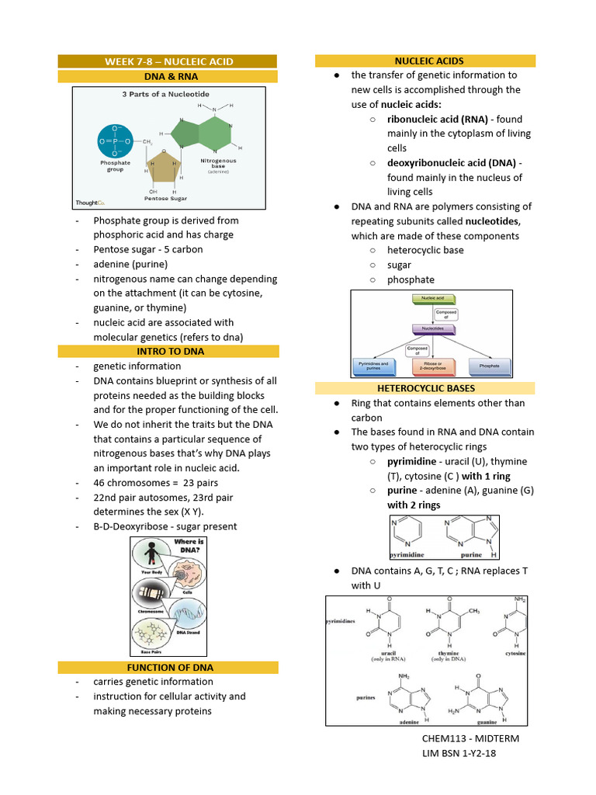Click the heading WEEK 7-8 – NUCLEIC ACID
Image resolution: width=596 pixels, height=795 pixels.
click(x=168, y=61)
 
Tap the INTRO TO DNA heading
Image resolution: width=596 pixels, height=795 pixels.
click(x=168, y=352)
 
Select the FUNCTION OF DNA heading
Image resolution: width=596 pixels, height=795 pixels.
click(x=168, y=667)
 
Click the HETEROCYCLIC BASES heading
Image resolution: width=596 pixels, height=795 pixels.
click(x=425, y=387)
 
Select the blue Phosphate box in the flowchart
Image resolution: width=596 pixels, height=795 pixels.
click(x=489, y=364)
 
